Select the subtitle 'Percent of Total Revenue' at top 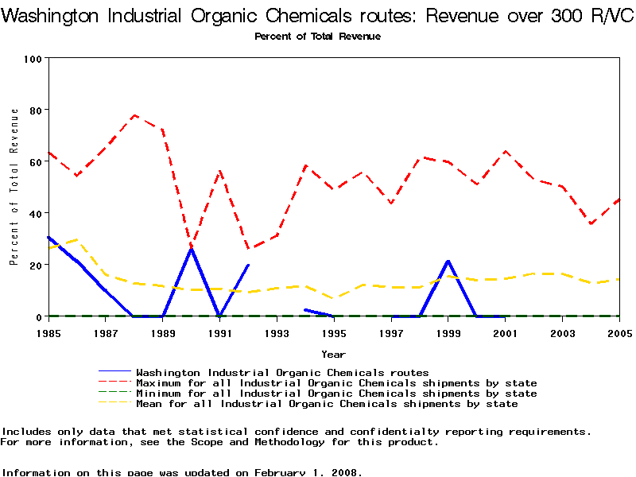click(317, 37)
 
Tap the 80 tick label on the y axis click(35, 110)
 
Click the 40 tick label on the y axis click(35, 213)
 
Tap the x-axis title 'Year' click(333, 354)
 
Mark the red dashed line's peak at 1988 click(134, 115)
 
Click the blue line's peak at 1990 click(192, 248)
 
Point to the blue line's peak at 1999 click(448, 261)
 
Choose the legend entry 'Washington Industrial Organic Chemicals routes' click(282, 372)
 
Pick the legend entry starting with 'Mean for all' click(327, 404)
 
